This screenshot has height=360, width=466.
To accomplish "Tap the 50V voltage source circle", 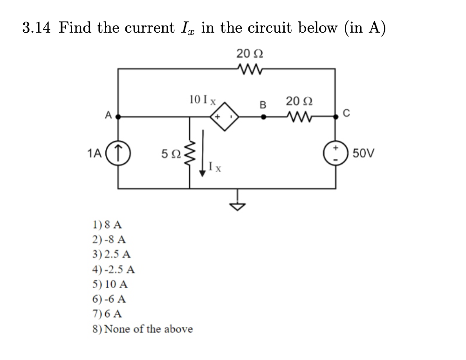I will click(335, 152).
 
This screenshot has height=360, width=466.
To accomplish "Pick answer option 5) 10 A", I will click(110, 284).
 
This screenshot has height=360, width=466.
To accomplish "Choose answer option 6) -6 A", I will click(109, 299).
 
